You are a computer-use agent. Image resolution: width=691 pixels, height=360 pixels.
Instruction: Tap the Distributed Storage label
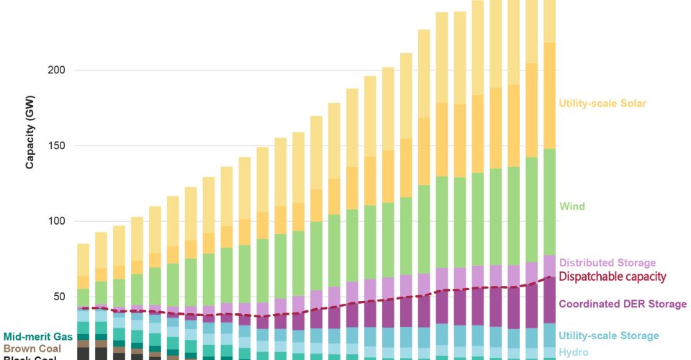[x=608, y=263]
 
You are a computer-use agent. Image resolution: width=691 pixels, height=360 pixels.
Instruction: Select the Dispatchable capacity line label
[x=613, y=276]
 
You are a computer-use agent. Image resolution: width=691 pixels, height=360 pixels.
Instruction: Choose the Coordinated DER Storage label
[x=623, y=304]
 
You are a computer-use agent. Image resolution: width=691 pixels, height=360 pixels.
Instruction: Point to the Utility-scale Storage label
[x=609, y=336]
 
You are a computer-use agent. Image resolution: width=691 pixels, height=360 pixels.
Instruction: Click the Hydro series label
[x=574, y=352]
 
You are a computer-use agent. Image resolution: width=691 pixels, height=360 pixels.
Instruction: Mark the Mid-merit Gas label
[x=38, y=336]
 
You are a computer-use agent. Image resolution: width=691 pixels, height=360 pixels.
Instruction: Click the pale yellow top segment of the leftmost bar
[x=83, y=259]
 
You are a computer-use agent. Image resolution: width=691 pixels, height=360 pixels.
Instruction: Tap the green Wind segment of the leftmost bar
[x=83, y=297]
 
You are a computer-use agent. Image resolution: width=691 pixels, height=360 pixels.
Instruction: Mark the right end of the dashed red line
[x=551, y=276]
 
